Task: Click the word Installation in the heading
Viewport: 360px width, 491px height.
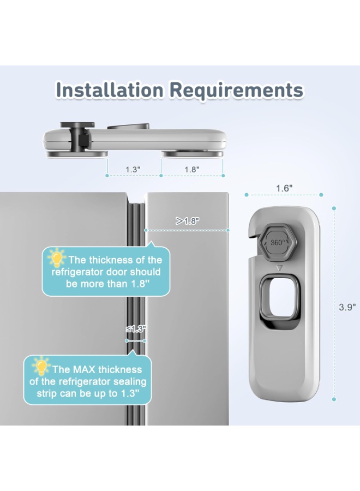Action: [x=110, y=90]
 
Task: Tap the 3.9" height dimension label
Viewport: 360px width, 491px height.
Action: [x=347, y=307]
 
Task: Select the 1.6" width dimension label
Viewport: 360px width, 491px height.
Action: [x=284, y=189]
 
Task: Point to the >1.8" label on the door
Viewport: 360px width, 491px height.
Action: [x=188, y=221]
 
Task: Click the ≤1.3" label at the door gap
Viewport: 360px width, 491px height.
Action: [x=136, y=329]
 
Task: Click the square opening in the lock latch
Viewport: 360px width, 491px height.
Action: [x=280, y=297]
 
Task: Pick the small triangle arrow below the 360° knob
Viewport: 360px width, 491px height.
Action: [x=280, y=268]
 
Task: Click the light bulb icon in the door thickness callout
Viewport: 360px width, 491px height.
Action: [x=57, y=258]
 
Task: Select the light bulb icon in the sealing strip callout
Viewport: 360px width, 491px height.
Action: [x=41, y=366]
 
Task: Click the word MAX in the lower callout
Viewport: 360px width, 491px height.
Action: [x=84, y=369]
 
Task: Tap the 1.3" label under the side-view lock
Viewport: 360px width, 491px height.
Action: [x=133, y=170]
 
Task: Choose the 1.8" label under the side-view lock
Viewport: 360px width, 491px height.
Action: [x=192, y=170]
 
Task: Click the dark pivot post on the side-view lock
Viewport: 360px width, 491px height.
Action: [x=77, y=136]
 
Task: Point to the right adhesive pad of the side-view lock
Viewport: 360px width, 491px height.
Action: [x=192, y=154]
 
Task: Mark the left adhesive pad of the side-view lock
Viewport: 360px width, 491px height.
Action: [x=77, y=154]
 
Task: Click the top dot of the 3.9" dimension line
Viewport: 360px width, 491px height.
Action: [x=334, y=208]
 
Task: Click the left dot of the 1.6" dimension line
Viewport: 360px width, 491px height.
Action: [x=247, y=195]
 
